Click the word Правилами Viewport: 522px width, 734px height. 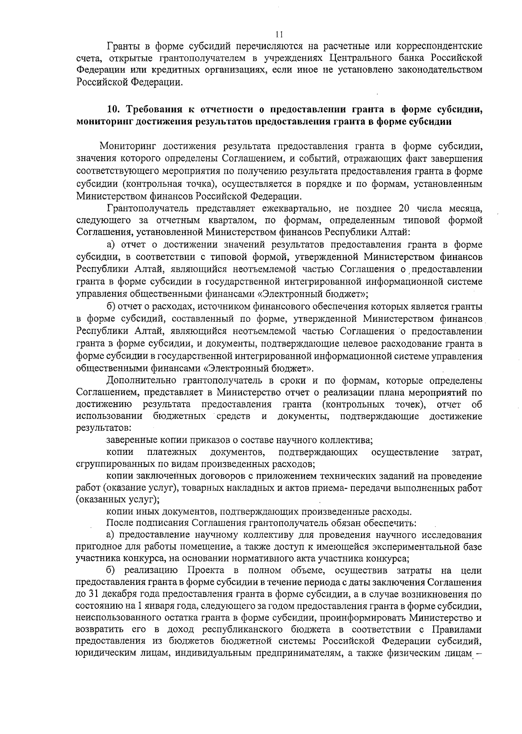(x=457, y=630)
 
